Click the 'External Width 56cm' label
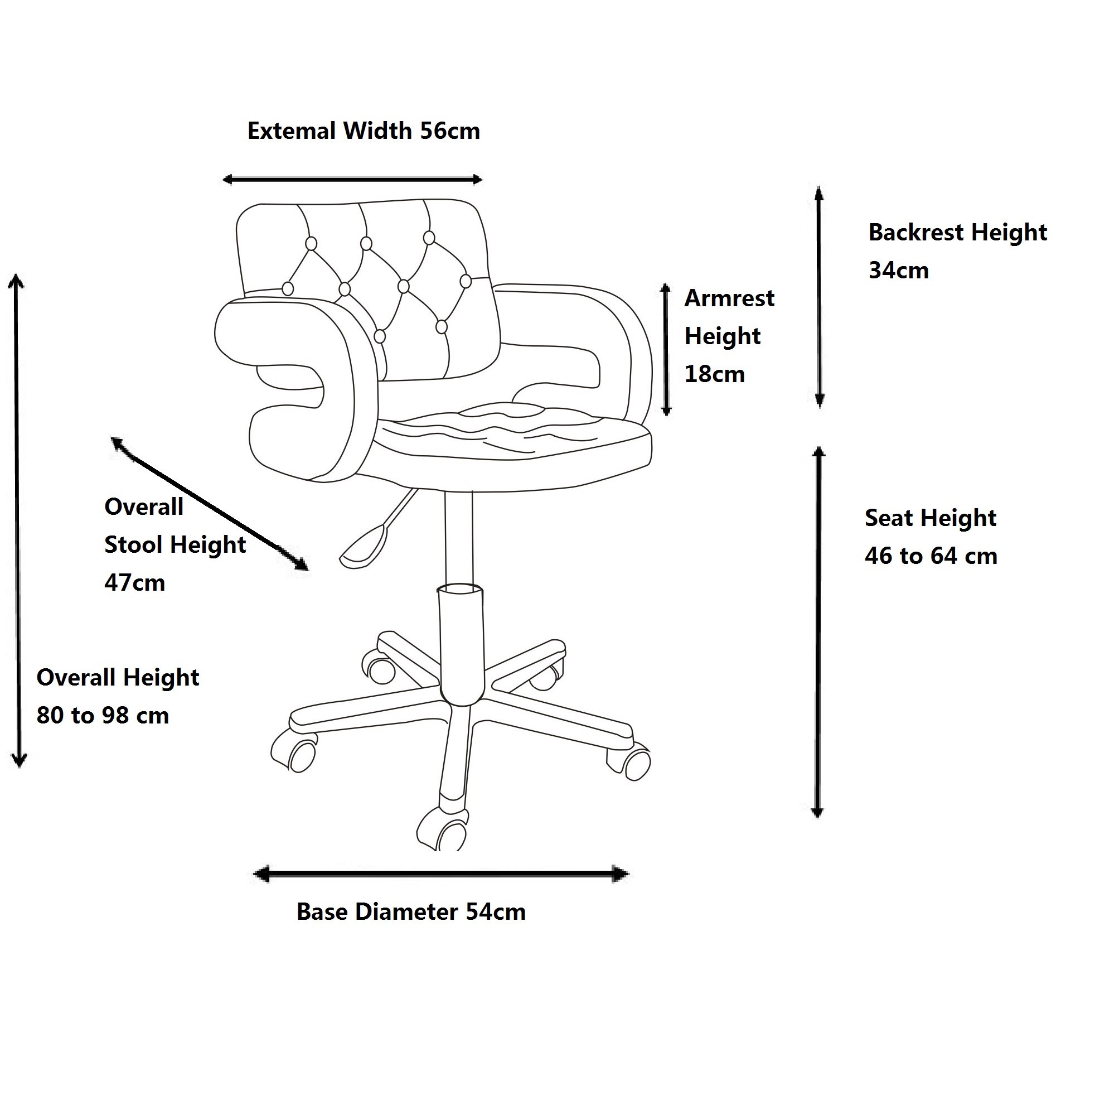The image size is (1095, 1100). pyautogui.click(x=364, y=132)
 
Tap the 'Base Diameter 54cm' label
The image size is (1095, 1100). pyautogui.click(x=410, y=912)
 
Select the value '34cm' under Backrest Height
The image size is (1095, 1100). pyautogui.click(x=898, y=271)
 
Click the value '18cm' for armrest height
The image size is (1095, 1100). pyautogui.click(x=714, y=374)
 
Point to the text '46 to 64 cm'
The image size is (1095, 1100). pyautogui.click(x=931, y=556)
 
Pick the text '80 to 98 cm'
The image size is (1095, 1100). pyautogui.click(x=103, y=716)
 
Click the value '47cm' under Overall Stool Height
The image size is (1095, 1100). pyautogui.click(x=134, y=583)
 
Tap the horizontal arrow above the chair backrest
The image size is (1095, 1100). pyautogui.click(x=352, y=180)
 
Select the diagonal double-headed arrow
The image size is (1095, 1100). pyautogui.click(x=210, y=503)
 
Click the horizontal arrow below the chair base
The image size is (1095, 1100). pyautogui.click(x=441, y=874)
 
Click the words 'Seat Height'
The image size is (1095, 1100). pyautogui.click(x=931, y=518)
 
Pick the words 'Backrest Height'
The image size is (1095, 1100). pyautogui.click(x=957, y=232)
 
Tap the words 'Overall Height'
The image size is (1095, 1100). pyautogui.click(x=118, y=678)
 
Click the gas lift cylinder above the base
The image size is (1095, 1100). pyautogui.click(x=462, y=643)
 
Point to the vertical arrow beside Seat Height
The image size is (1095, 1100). pyautogui.click(x=818, y=632)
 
